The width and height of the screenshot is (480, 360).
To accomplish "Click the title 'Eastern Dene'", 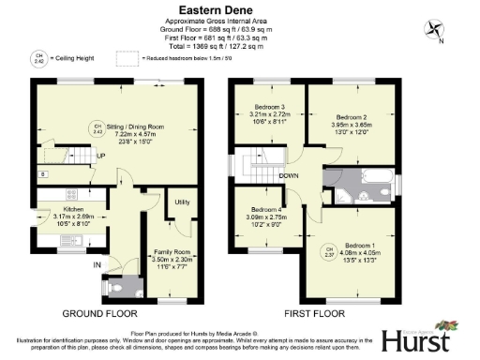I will tap(240, 10).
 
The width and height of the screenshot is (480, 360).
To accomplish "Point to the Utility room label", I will tap(182, 202).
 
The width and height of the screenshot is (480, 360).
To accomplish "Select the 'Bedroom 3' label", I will tap(270, 109).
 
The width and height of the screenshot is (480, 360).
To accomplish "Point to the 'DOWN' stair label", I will tap(289, 175).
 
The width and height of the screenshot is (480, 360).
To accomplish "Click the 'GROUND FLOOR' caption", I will tap(100, 312).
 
